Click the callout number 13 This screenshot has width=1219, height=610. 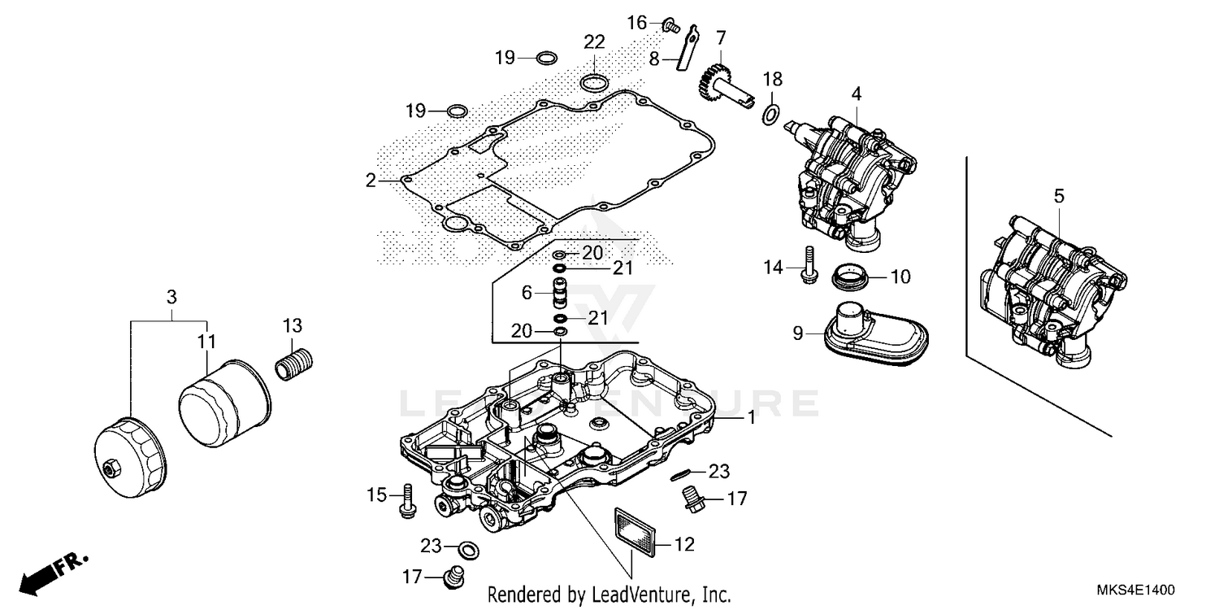(x=292, y=326)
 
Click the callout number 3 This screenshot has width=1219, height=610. (x=171, y=298)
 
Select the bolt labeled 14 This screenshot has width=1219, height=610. (x=808, y=266)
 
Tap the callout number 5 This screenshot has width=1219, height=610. (x=1058, y=196)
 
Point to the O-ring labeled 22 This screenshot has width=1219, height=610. (x=594, y=81)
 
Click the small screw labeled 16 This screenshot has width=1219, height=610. (x=671, y=26)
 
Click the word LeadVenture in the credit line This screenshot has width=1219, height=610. (x=635, y=595)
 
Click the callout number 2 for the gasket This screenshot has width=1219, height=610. (x=371, y=181)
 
